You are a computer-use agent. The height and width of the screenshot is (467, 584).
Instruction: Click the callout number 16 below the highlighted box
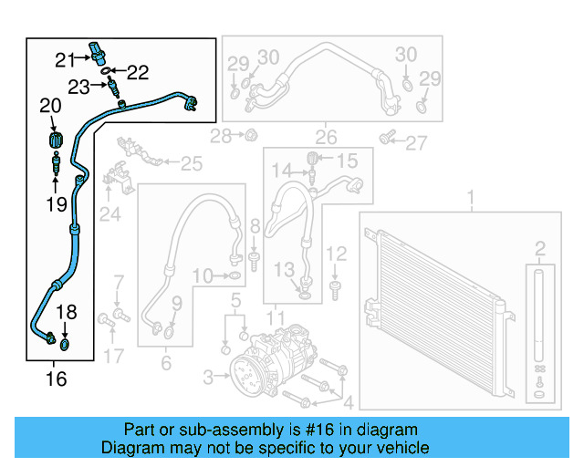tap(56, 378)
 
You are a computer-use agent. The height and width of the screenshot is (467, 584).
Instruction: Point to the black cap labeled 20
tap(53, 141)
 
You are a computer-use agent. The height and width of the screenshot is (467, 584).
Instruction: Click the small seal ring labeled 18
tap(65, 345)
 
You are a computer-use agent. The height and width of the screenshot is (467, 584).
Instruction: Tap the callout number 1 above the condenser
tap(471, 197)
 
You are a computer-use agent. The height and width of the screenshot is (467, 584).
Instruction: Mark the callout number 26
tap(326, 139)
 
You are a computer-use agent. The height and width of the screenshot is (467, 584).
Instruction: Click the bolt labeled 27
tap(386, 139)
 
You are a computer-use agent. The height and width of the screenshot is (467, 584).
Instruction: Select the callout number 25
tap(190, 163)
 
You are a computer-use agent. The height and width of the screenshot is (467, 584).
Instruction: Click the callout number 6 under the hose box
tap(165, 363)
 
